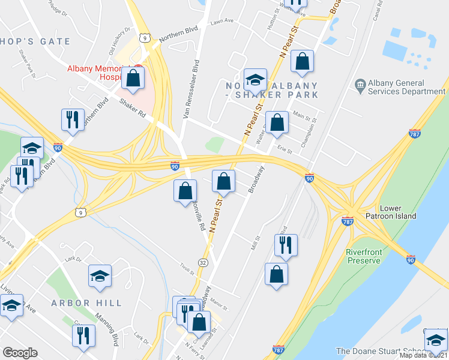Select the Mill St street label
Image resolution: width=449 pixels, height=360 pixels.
click(255, 241)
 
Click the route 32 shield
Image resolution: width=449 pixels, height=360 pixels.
click(203, 262)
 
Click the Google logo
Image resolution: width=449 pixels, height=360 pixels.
click(20, 353)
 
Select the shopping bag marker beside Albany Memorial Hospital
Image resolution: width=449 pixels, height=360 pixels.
click(133, 77)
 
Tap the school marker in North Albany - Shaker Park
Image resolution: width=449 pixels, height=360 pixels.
click(255, 79)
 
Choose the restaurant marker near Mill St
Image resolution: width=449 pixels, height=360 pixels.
click(285, 245)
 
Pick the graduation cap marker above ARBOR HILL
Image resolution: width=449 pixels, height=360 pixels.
click(100, 275)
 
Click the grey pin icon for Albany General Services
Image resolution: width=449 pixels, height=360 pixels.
click(360, 83)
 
